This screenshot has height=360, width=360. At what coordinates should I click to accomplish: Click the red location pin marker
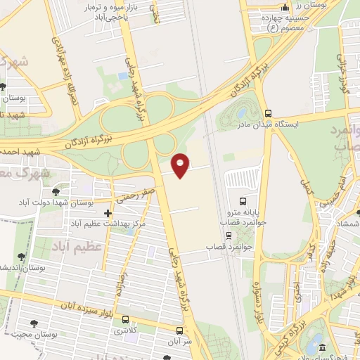[x=181, y=165]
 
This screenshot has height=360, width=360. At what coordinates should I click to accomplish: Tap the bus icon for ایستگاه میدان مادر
[x=268, y=112]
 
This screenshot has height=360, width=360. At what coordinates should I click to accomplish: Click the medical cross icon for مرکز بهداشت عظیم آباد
[x=108, y=212]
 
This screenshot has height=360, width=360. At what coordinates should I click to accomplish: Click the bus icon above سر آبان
[x=180, y=329]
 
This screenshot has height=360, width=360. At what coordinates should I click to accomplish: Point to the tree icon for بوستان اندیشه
[x=20, y=258]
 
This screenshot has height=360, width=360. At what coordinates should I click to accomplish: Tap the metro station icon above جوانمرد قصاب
[x=227, y=236]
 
